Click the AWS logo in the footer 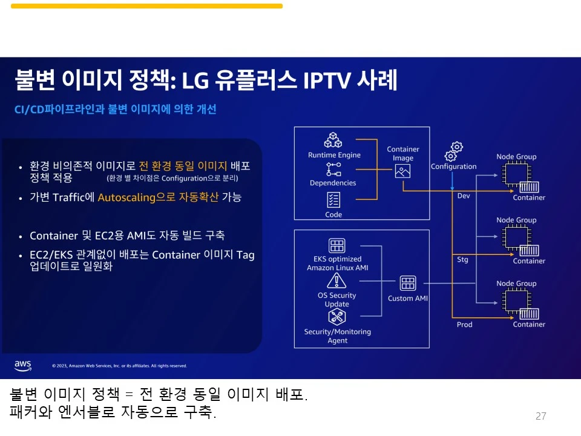tap(23, 365)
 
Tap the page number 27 tap(540, 416)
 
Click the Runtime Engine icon tap(333, 140)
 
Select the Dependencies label tap(333, 183)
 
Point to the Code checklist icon tap(333, 199)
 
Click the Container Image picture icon tap(402, 171)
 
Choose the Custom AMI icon tap(408, 283)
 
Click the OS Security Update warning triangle tap(336, 280)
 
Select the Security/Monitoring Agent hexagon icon tap(336, 317)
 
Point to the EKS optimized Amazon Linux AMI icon tap(336, 246)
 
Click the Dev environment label tap(463, 196)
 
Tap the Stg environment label tap(462, 260)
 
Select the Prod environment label tap(464, 325)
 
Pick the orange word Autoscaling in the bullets tap(126, 197)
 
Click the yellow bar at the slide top tap(146, 6)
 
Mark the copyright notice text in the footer tap(119, 366)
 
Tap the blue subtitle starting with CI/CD tap(115, 110)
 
